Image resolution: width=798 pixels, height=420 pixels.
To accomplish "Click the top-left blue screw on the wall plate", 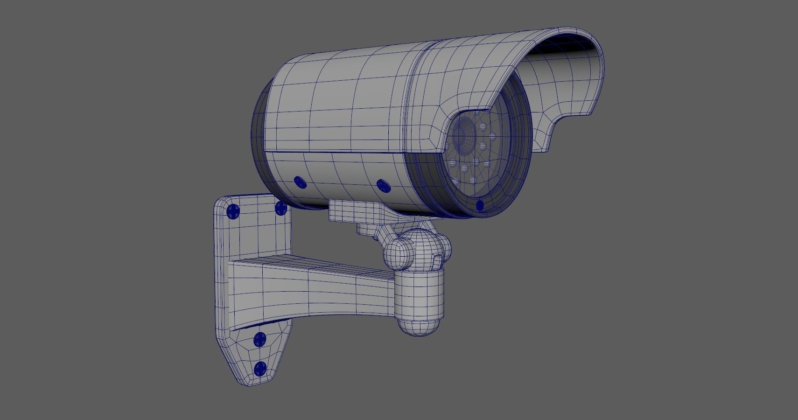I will point(233,212).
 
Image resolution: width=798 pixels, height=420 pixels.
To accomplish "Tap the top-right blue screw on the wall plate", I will point(281,208).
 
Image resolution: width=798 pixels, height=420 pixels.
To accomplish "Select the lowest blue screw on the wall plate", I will point(260,369).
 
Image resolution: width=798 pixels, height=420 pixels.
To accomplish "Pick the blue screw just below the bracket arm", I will point(259,340).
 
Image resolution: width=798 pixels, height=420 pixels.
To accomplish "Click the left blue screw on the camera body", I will point(300,182).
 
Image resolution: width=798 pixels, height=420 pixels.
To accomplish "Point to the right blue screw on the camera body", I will point(383,186).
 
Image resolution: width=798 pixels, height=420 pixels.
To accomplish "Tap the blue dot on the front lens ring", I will point(480,205).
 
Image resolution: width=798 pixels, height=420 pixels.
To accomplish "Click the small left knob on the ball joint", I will point(397,255).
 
